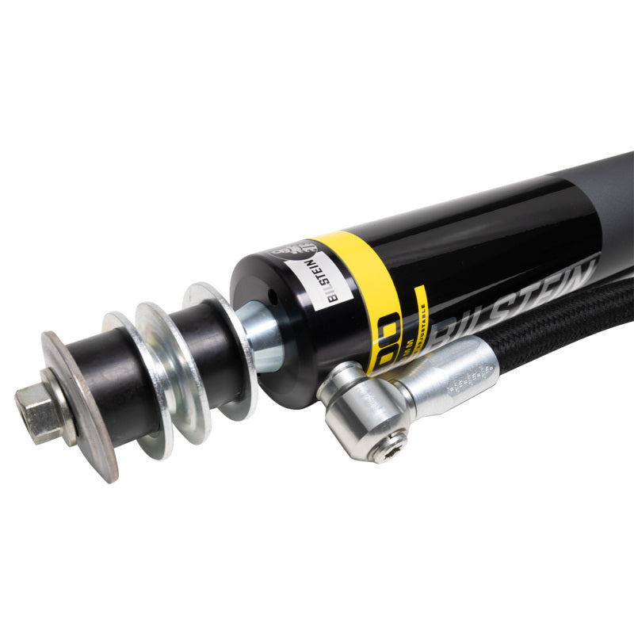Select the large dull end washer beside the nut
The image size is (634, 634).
pos(82,412)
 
